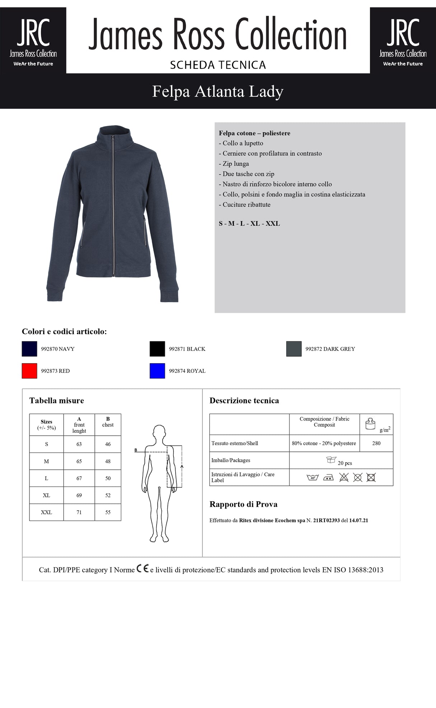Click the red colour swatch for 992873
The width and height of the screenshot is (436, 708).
click(x=29, y=371)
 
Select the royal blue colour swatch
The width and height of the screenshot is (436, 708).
click(x=157, y=371)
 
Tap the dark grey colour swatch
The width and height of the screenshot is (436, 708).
click(x=294, y=349)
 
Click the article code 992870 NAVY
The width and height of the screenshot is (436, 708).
click(x=58, y=349)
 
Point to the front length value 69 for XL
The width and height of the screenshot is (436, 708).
click(x=79, y=495)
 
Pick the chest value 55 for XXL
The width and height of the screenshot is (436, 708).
click(x=108, y=512)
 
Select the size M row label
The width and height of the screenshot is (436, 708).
click(x=46, y=461)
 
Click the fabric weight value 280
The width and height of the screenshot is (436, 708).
click(x=376, y=443)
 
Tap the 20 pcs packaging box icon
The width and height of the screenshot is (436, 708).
click(x=331, y=460)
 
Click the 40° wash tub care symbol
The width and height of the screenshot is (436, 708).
click(x=312, y=478)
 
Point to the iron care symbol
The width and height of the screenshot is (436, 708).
click(x=328, y=478)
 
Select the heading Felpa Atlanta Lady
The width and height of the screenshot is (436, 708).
click(x=218, y=91)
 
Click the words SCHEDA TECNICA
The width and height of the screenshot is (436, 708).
click(x=218, y=65)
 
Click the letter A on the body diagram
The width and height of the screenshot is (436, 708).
click(x=182, y=466)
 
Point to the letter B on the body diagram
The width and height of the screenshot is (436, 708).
click(x=136, y=450)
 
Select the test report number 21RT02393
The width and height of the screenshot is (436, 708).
click(x=326, y=520)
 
